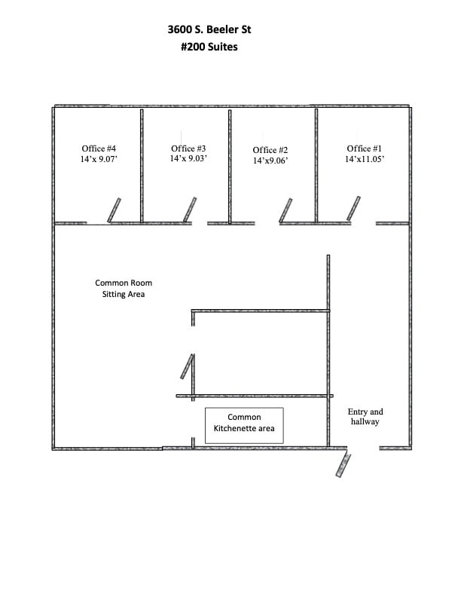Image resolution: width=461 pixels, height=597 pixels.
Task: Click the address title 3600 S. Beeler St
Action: pyautogui.click(x=209, y=29)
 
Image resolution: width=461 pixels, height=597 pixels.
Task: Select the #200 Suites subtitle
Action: pyautogui.click(x=209, y=47)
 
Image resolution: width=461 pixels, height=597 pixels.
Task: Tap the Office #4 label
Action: pyautogui.click(x=99, y=148)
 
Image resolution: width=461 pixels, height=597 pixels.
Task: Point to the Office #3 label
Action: pyautogui.click(x=188, y=148)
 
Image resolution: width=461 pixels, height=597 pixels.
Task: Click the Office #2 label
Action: pyautogui.click(x=270, y=150)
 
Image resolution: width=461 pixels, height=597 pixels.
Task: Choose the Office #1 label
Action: pyautogui.click(x=364, y=148)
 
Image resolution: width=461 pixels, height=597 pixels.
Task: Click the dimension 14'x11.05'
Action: pyautogui.click(x=365, y=159)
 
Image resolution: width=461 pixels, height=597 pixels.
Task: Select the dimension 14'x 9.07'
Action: pyautogui.click(x=99, y=159)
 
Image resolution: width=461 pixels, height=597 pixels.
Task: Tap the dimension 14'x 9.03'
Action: pyautogui.click(x=188, y=158)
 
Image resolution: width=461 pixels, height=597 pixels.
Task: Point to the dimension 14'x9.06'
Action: pyautogui.click(x=270, y=161)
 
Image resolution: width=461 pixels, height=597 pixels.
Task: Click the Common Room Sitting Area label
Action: pyautogui.click(x=124, y=288)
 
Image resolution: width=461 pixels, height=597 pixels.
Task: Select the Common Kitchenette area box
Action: pyautogui.click(x=244, y=426)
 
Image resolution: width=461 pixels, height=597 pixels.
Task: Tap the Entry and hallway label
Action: pyautogui.click(x=365, y=417)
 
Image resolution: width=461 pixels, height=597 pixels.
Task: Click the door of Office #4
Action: pyautogui.click(x=114, y=210)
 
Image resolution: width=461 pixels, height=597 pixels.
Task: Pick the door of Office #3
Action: pyautogui.click(x=190, y=210)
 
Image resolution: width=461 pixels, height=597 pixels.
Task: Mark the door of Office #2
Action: pyautogui.click(x=285, y=210)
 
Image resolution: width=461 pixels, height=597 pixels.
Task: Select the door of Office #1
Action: pyautogui.click(x=353, y=208)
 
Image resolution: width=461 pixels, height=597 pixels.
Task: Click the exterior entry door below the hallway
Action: pyautogui.click(x=343, y=465)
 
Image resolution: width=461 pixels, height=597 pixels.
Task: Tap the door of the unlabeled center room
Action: pyautogui.click(x=187, y=366)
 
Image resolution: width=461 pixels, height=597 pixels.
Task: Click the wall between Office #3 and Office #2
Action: pyautogui.click(x=230, y=167)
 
